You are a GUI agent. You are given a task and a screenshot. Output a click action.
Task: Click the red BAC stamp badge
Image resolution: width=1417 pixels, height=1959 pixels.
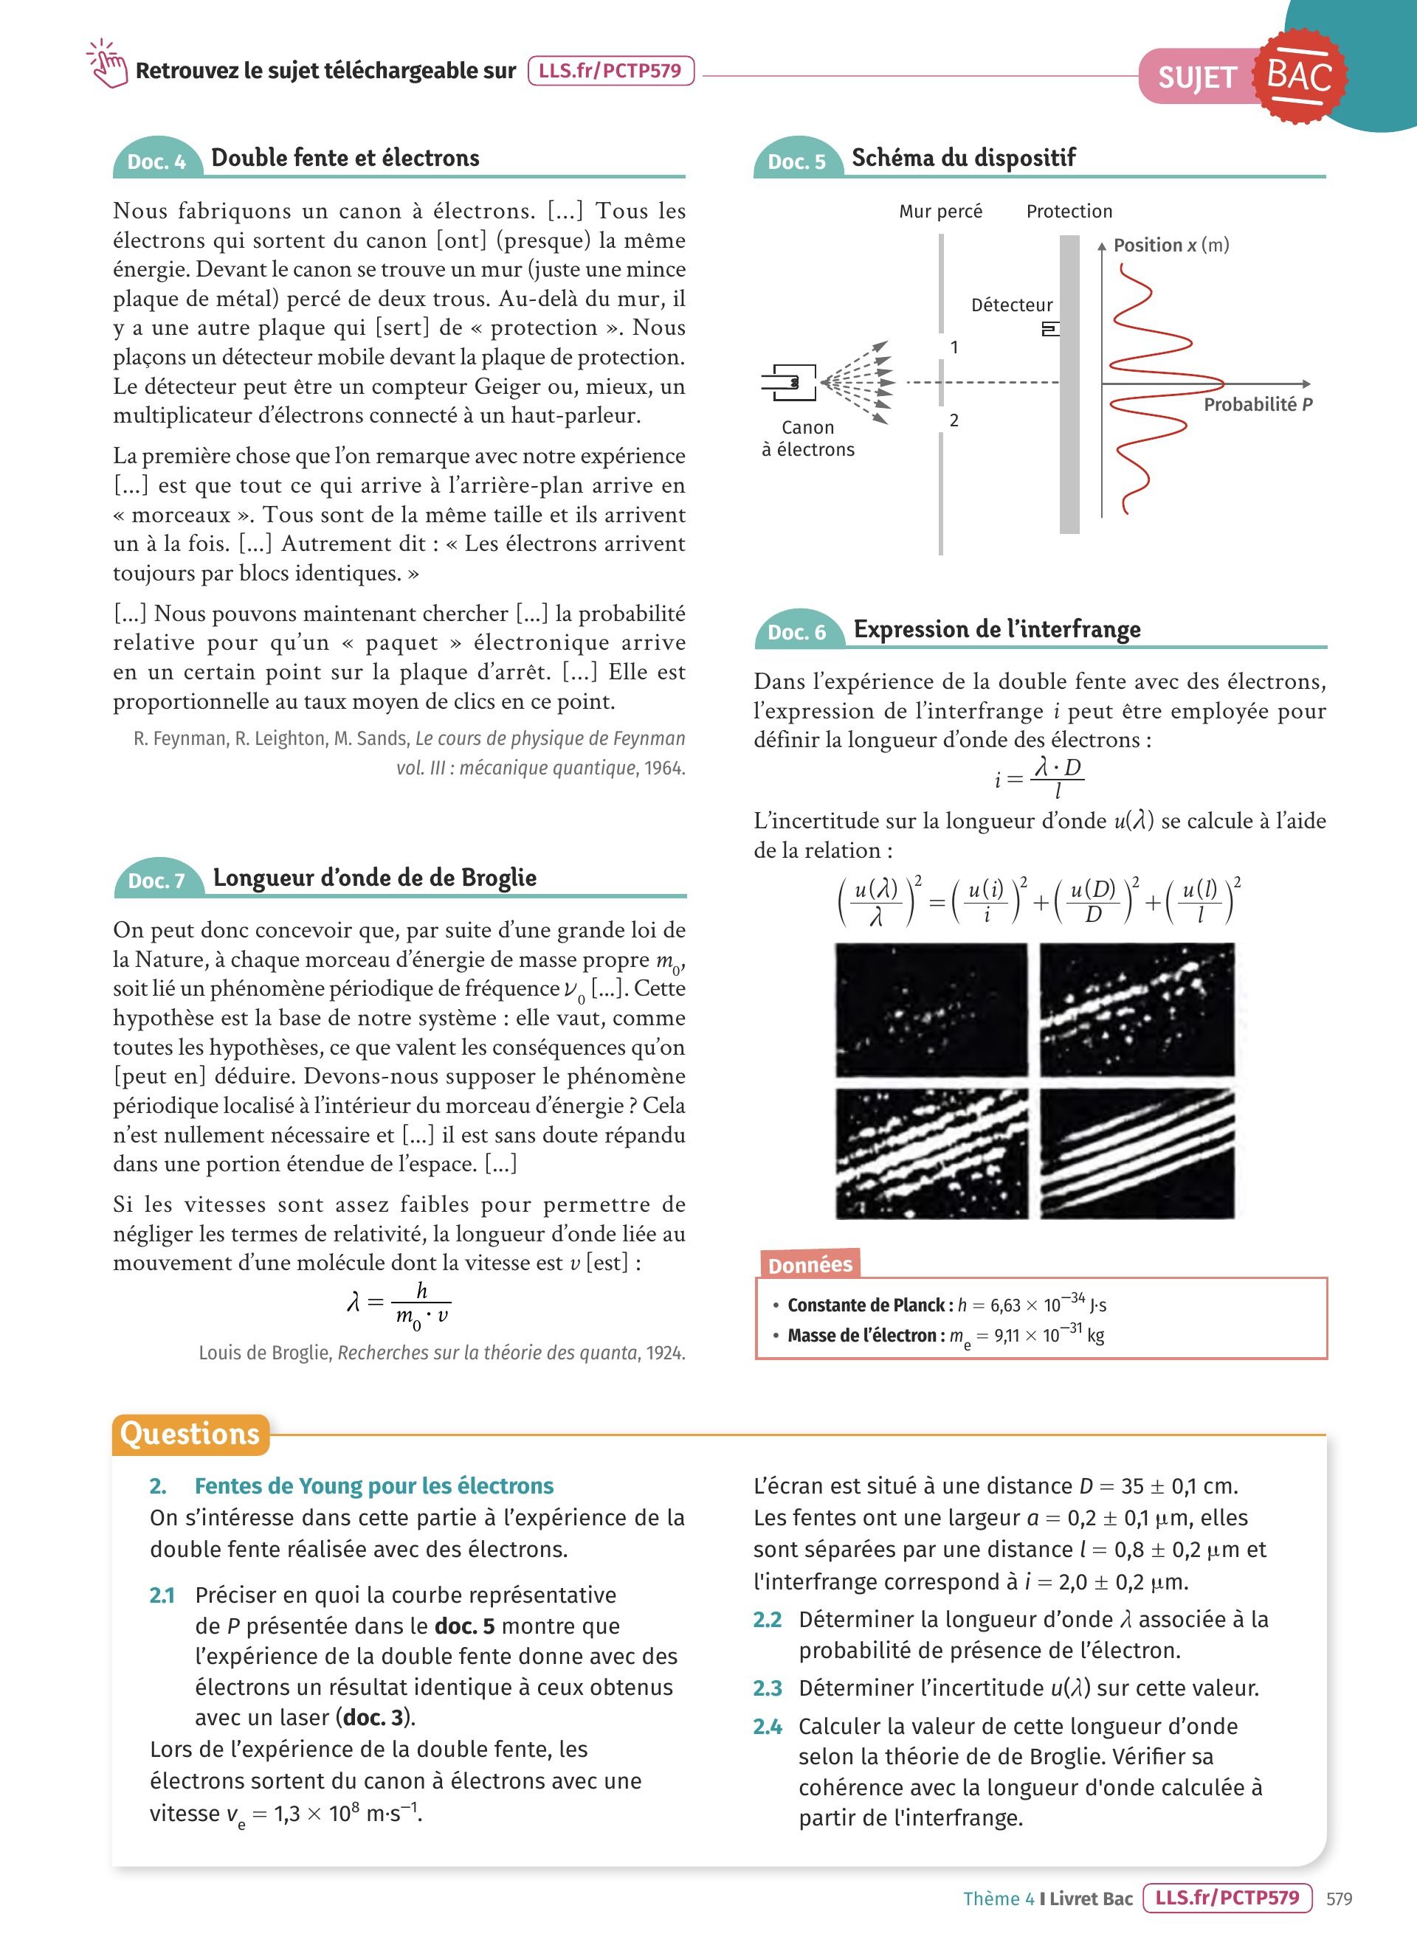1299,77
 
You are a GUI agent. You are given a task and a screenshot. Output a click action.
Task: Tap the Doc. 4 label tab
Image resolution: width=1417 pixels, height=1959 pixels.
156,162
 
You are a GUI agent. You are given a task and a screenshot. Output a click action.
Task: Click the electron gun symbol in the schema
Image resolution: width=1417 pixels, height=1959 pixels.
789,382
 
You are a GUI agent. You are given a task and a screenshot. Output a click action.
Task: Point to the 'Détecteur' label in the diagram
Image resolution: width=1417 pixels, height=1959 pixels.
1012,305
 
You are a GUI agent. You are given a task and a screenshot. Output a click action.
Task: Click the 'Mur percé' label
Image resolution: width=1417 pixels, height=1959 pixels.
940,212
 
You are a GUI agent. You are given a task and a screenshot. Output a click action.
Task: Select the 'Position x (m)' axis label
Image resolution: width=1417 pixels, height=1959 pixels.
1171,246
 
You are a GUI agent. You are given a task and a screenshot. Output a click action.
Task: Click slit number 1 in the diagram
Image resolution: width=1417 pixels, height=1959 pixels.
954,347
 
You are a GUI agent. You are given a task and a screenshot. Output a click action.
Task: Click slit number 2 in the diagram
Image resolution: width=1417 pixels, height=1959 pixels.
954,420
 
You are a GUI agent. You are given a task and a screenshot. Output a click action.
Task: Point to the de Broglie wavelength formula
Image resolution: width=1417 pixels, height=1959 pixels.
399,1303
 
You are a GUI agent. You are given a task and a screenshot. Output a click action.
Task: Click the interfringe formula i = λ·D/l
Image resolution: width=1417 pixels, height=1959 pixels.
1039,778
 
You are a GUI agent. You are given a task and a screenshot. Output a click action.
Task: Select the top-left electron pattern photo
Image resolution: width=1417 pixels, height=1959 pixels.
931,1010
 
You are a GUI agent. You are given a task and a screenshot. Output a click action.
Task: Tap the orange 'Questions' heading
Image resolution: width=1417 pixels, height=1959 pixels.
190,1434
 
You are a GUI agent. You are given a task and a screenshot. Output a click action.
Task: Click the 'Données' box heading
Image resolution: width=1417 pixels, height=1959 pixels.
810,1264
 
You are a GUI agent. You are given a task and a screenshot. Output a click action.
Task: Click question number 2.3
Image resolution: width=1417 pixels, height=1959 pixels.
768,1688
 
